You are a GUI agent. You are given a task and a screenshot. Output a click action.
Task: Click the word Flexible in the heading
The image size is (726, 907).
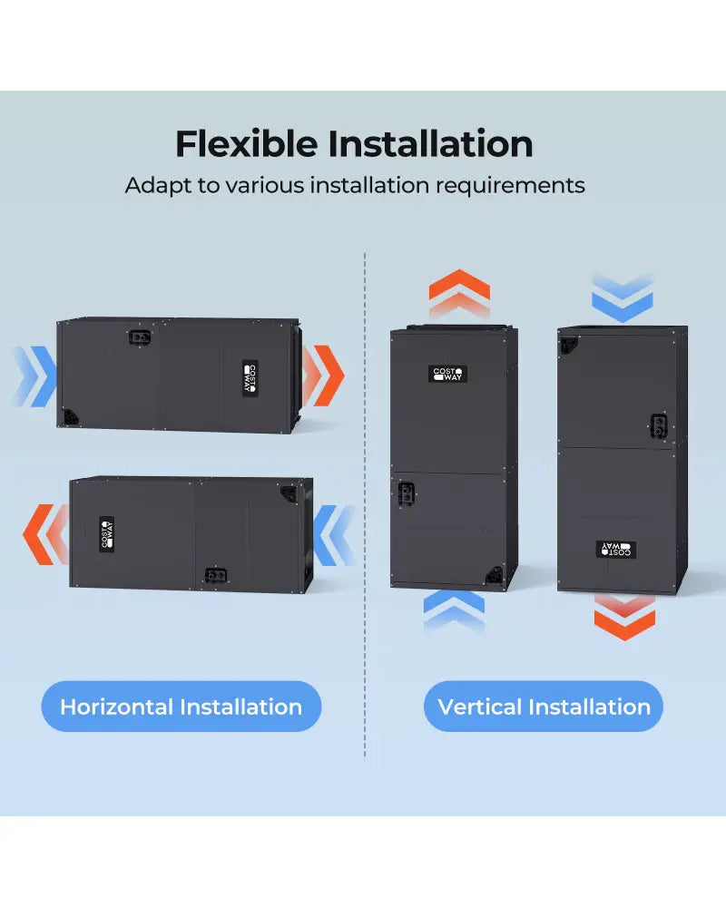(x=247, y=143)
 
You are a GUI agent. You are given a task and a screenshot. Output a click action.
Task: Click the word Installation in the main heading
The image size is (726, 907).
(x=431, y=143)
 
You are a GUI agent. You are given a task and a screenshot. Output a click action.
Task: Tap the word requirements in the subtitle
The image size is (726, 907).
(x=510, y=186)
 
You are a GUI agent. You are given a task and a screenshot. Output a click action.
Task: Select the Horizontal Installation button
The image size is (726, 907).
(x=181, y=707)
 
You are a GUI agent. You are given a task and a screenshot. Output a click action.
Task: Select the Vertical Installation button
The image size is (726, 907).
(x=544, y=707)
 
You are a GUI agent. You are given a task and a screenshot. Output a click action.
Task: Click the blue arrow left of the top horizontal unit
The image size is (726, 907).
(x=34, y=376)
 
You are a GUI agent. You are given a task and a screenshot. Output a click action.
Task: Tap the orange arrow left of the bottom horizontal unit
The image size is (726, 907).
(x=45, y=534)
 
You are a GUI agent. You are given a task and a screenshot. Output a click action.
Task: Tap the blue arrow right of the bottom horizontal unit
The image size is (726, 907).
(x=335, y=535)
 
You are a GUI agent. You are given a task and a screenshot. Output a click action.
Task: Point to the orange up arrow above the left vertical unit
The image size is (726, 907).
(x=460, y=293)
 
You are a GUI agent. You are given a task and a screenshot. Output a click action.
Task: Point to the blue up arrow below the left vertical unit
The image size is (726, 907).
(x=454, y=612)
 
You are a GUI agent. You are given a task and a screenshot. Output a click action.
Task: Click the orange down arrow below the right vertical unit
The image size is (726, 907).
(x=624, y=617)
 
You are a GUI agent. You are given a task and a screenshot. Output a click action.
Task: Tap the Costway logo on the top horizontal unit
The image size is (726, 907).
(x=250, y=379)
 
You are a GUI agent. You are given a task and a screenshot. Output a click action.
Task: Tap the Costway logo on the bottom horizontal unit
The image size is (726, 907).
(x=106, y=533)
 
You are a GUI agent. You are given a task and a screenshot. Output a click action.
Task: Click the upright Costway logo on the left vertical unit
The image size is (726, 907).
(x=447, y=375)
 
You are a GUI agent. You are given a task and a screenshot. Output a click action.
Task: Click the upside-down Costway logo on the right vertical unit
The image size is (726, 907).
(x=616, y=550)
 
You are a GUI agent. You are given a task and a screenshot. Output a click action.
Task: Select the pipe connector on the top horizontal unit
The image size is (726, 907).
(x=140, y=336)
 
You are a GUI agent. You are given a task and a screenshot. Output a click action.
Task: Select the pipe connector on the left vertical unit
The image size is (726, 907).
(x=407, y=494)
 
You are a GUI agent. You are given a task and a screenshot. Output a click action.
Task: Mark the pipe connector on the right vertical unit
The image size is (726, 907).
(x=659, y=426)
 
